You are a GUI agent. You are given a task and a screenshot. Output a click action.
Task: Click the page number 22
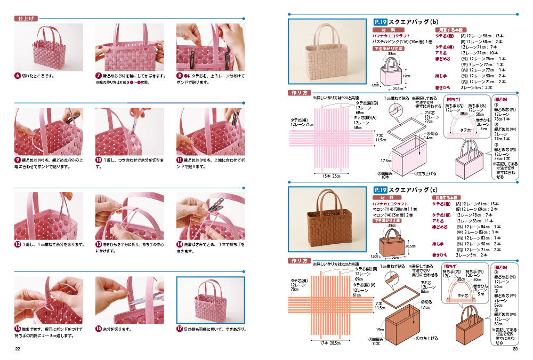(18, 349)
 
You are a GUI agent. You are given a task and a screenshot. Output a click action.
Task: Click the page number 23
(515, 349)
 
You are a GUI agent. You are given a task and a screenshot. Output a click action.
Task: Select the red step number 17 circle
(180, 329)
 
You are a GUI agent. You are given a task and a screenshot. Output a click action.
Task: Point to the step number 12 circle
(18, 244)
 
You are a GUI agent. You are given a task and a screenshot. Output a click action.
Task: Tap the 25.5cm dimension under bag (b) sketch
(398, 89)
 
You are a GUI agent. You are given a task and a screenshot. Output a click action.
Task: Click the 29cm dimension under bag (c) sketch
(395, 257)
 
